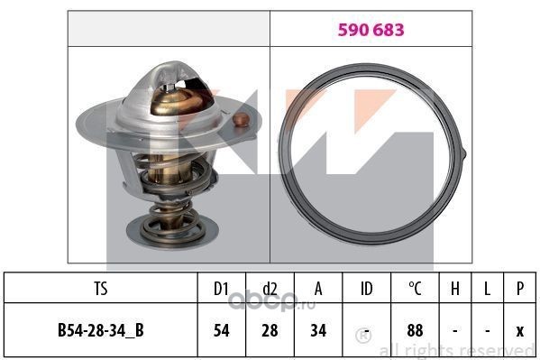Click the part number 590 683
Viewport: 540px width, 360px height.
pyautogui.click(x=371, y=30)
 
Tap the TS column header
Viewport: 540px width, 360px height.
pyautogui.click(x=101, y=289)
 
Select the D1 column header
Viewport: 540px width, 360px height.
pyautogui.click(x=221, y=289)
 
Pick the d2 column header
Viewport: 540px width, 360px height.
pyautogui.click(x=270, y=289)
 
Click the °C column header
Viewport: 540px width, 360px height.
pyautogui.click(x=415, y=289)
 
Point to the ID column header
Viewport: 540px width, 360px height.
pyautogui.click(x=366, y=289)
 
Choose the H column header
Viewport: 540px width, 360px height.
pyautogui.click(x=455, y=289)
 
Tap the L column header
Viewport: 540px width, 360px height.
pyautogui.click(x=487, y=289)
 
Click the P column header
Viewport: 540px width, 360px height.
pyautogui.click(x=520, y=289)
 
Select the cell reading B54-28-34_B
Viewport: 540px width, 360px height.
pyautogui.click(x=101, y=330)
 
